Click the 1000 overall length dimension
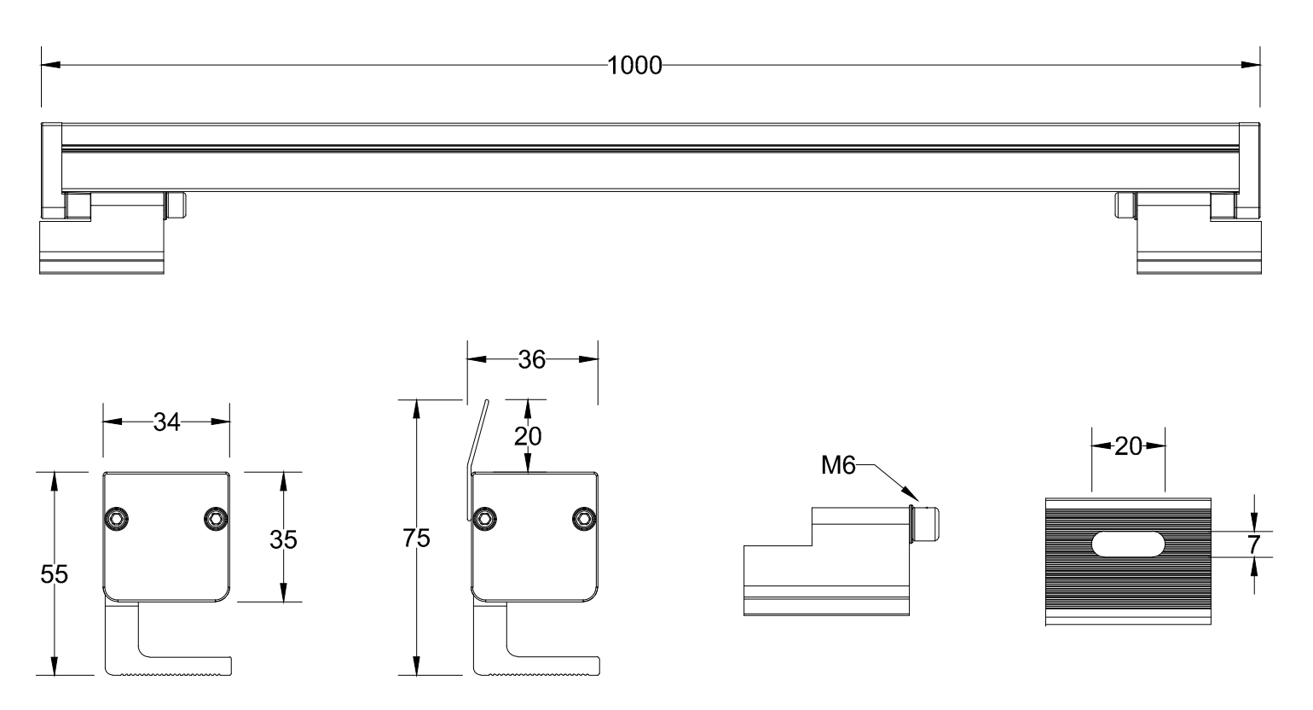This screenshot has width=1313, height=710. click(x=634, y=66)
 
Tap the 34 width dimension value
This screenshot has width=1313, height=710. click(x=166, y=422)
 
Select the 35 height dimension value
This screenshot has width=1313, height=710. click(x=283, y=539)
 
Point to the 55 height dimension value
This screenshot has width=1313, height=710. click(x=54, y=573)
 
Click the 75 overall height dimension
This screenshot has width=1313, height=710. click(x=416, y=538)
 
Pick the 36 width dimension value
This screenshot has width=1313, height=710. click(x=532, y=360)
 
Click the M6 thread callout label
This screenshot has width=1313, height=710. click(x=838, y=465)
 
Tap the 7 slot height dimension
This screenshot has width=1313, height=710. click(x=1253, y=545)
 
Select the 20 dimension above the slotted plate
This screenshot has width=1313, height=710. click(x=1128, y=446)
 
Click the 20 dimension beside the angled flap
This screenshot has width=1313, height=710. click(x=528, y=436)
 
